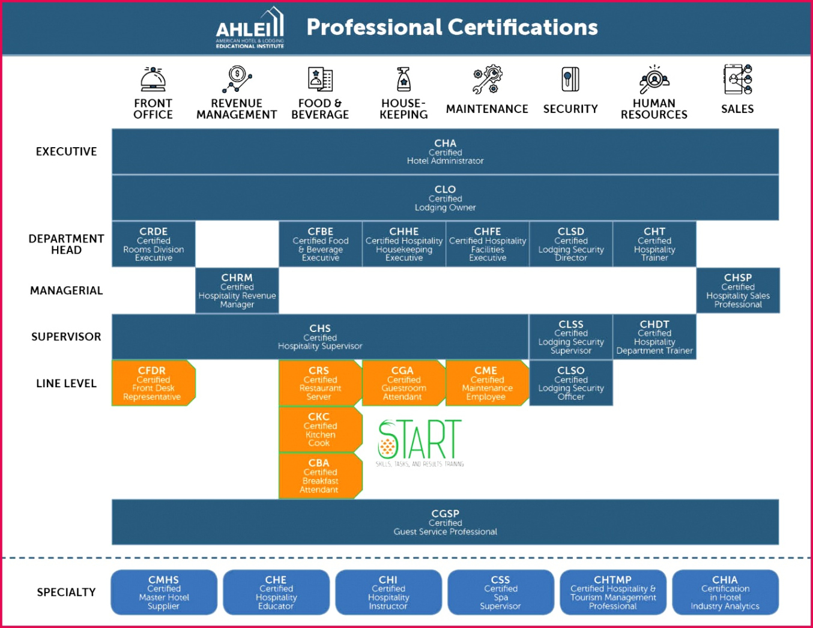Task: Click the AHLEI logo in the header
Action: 250,28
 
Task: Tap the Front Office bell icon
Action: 153,79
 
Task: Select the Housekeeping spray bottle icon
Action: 403,79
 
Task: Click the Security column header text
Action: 570,109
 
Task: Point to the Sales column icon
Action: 737,79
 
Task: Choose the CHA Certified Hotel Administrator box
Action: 445,151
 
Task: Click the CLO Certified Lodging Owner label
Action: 445,198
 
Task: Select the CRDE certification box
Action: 154,244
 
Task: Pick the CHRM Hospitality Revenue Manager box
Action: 237,291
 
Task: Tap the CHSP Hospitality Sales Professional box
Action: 738,291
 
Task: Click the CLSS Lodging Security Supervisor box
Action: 571,337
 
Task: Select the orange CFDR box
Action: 153,383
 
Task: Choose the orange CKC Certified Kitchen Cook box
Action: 320,429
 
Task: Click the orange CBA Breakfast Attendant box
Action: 320,476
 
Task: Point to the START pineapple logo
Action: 420,442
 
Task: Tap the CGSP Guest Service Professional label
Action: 445,522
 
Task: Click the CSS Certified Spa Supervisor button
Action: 500,593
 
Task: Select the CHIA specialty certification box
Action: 725,593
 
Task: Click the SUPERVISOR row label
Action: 66,337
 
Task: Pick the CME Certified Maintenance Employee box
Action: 487,383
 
